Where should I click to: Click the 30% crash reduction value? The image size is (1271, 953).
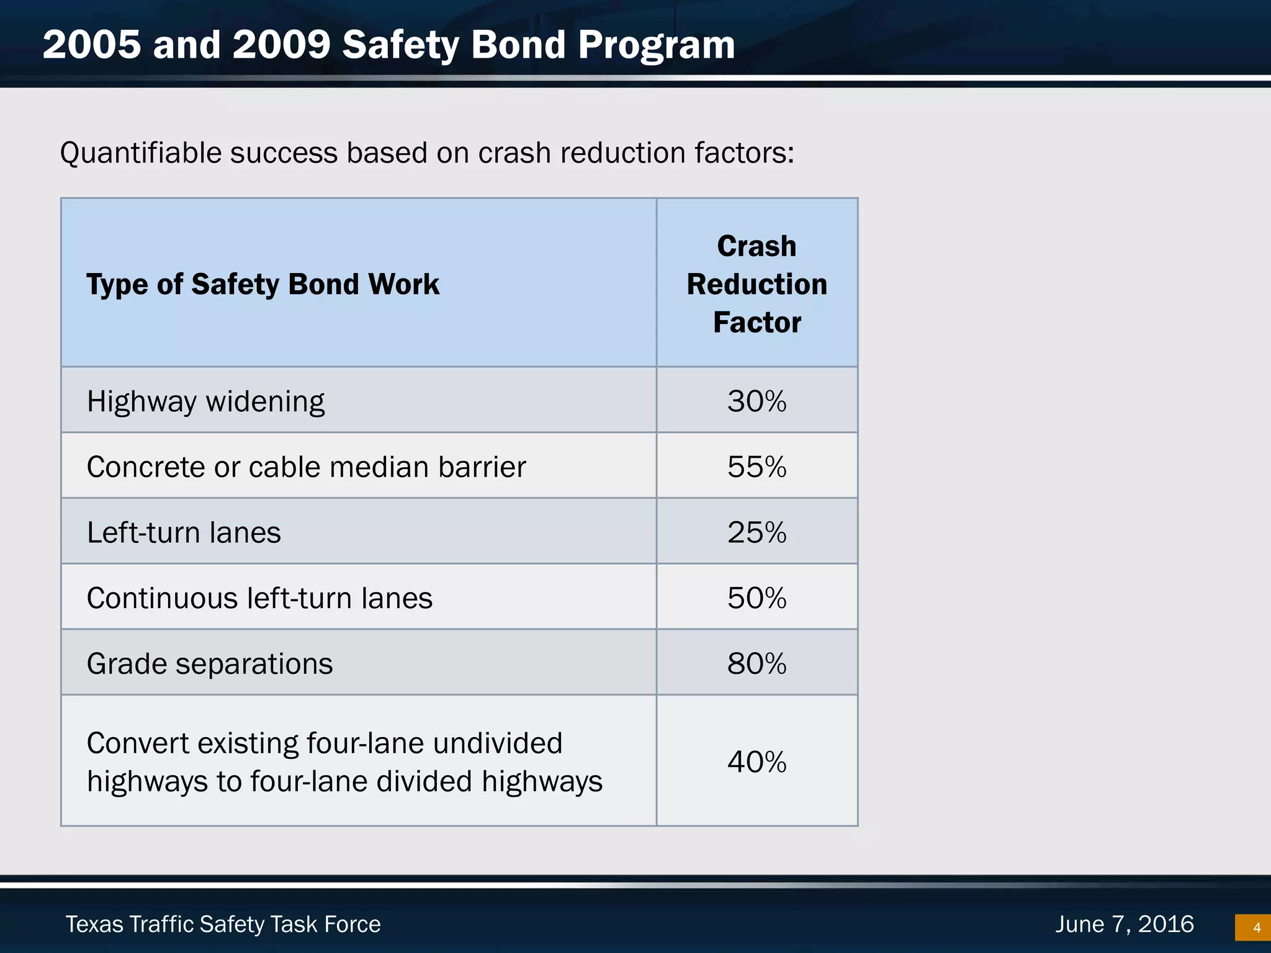(757, 401)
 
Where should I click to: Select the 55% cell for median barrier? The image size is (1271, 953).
(757, 467)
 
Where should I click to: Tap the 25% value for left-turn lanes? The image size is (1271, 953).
(757, 532)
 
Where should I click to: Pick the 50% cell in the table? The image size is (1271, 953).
(757, 598)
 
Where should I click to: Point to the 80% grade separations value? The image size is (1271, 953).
(757, 663)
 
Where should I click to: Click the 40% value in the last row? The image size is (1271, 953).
(757, 761)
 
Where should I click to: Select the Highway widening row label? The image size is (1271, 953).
(205, 401)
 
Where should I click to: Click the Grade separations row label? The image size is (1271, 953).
(209, 664)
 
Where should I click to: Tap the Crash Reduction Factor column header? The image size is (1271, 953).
(757, 284)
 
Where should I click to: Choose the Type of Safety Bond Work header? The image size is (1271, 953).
(263, 284)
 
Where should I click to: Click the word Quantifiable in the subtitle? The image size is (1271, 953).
(140, 153)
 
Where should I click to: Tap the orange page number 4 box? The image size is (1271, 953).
(1252, 927)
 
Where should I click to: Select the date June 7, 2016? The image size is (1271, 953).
(1124, 924)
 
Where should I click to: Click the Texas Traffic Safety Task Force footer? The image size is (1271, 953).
(223, 924)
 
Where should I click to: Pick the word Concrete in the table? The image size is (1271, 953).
(146, 467)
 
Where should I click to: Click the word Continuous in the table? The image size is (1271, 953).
(162, 598)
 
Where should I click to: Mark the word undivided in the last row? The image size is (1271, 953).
(497, 743)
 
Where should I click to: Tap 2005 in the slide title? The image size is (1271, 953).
(92, 45)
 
